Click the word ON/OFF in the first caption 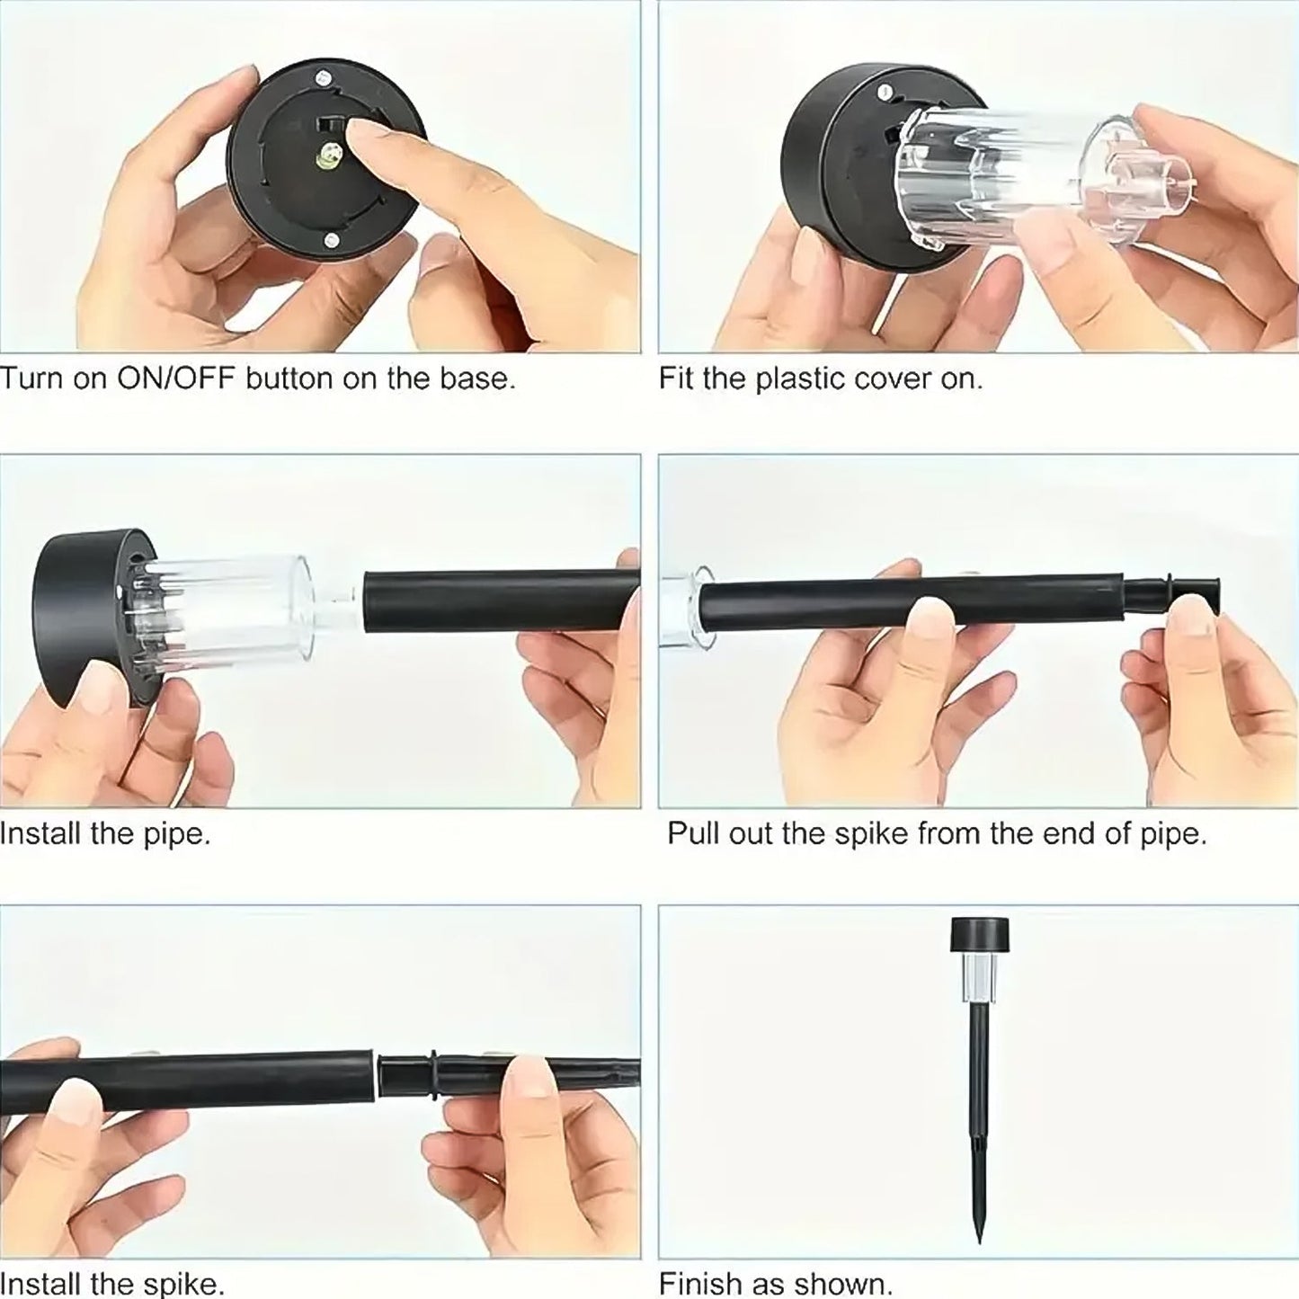click(175, 378)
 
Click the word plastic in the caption click(802, 378)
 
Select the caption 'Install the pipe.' click(105, 833)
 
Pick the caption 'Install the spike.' click(111, 1283)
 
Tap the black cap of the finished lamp click(977, 936)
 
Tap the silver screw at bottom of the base click(331, 240)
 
